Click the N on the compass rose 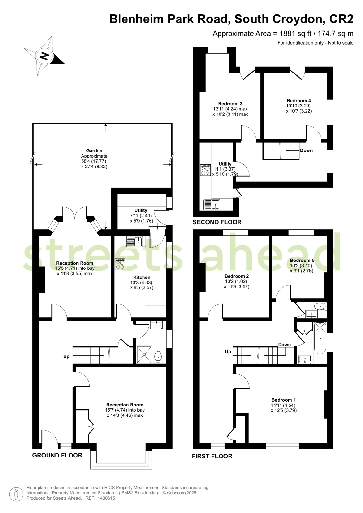(45, 56)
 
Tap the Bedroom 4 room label (299, 101)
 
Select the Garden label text (94, 151)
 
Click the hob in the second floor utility (205, 170)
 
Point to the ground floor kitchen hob (120, 264)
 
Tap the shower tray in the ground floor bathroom (144, 355)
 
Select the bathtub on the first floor (320, 338)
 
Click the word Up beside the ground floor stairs (66, 356)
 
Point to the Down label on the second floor (307, 150)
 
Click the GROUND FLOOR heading (57, 455)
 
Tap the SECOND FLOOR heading (217, 222)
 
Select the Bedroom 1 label (283, 400)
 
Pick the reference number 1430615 (106, 498)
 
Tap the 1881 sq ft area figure (295, 34)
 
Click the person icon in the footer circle (16, 494)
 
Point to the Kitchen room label (142, 277)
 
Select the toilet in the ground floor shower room (158, 357)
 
